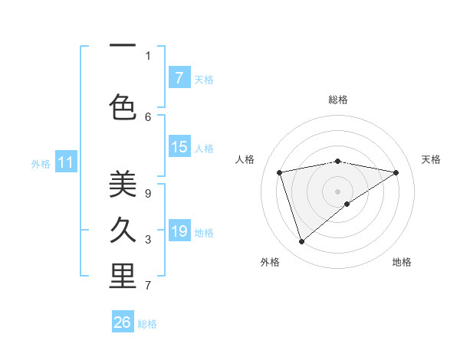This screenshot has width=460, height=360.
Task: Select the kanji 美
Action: (123, 184)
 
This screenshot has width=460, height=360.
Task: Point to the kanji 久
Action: (123, 230)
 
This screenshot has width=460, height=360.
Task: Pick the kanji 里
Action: (123, 277)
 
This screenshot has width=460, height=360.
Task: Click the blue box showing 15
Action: (179, 147)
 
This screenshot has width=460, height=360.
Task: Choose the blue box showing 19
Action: (179, 231)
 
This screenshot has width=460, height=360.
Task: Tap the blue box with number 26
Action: (123, 322)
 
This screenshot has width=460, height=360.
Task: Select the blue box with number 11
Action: (66, 162)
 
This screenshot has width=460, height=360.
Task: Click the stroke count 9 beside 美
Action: (148, 194)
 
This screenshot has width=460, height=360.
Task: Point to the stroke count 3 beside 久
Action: (148, 240)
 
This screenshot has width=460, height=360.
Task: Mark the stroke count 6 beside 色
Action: (148, 116)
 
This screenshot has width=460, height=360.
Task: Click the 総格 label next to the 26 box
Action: (147, 324)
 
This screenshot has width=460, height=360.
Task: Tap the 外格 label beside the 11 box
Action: (41, 164)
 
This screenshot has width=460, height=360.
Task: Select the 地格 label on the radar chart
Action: (402, 262)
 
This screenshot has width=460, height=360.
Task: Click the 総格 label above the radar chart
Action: (338, 100)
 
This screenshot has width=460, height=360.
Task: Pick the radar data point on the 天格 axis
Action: (396, 172)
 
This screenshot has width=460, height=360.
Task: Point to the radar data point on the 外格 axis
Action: (302, 241)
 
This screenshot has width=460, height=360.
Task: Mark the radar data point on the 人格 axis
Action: (280, 172)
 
